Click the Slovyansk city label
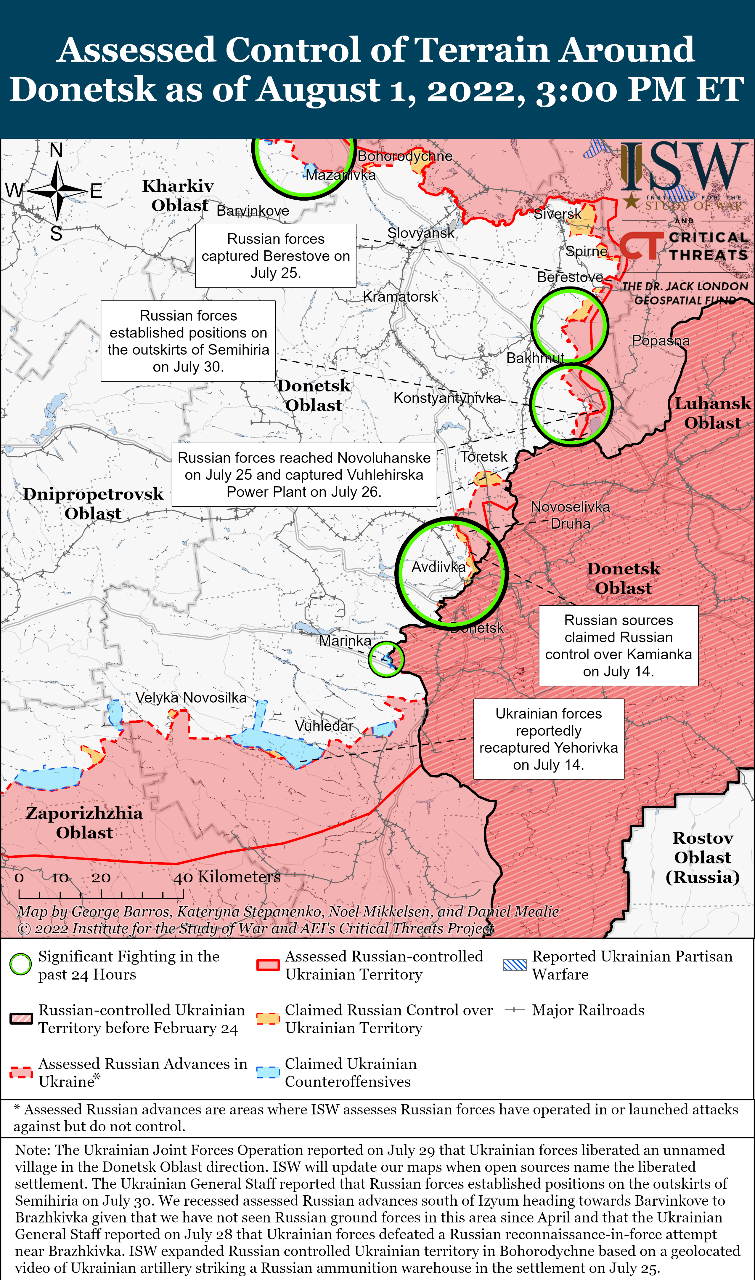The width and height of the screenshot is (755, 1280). click(x=421, y=233)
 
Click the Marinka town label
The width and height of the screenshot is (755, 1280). click(x=345, y=641)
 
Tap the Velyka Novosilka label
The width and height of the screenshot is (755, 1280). click(x=191, y=697)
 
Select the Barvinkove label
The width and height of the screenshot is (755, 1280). click(x=253, y=211)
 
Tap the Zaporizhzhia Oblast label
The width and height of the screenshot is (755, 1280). click(x=84, y=823)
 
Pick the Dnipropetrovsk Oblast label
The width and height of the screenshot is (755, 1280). click(x=93, y=503)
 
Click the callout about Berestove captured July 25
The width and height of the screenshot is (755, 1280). click(x=276, y=256)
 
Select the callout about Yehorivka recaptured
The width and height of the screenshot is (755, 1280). click(x=548, y=739)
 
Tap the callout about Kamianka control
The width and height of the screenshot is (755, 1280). click(x=618, y=646)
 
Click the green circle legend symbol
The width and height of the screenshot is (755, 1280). click(x=21, y=964)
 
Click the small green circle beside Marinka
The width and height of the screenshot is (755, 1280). click(x=386, y=659)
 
